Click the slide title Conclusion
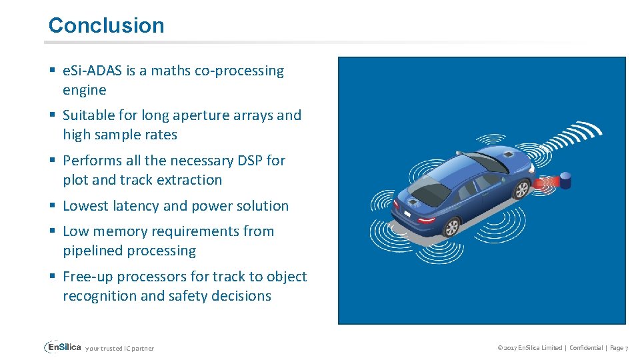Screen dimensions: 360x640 point(106,25)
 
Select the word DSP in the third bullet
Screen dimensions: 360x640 point(251,161)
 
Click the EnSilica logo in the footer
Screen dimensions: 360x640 point(63,347)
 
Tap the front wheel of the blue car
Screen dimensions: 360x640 point(520,190)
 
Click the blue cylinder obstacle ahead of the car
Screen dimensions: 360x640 point(565,180)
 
